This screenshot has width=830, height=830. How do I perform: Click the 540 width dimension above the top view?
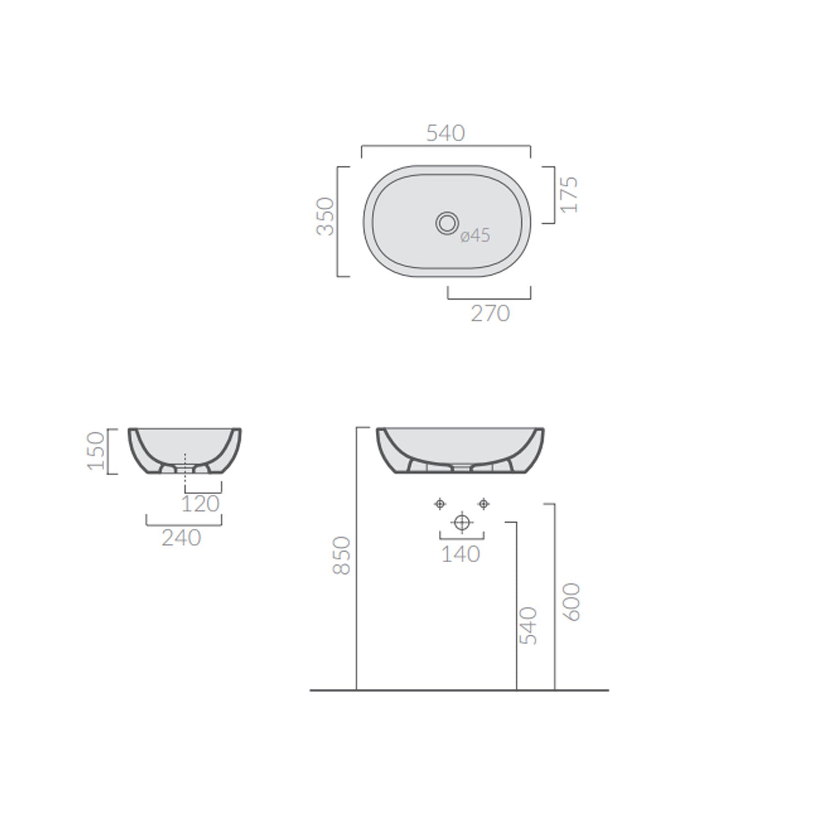point(445,133)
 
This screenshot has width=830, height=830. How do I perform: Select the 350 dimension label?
point(326,216)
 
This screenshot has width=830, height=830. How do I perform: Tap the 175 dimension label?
point(569,195)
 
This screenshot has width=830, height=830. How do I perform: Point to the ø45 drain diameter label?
point(475,235)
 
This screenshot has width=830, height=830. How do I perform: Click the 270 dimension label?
point(490,314)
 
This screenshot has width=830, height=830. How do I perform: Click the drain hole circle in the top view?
point(447,223)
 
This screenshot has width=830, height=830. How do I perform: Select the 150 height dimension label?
point(96,451)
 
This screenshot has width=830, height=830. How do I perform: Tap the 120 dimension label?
point(200,504)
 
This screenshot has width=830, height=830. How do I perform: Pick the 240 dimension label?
point(181,538)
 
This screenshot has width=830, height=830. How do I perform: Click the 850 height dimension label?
point(342,556)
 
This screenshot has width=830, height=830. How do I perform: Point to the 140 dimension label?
point(460,554)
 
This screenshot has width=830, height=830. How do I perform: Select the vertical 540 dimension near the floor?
point(528,626)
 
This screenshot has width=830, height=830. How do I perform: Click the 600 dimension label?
point(573,602)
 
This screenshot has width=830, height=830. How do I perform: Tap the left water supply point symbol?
point(440,504)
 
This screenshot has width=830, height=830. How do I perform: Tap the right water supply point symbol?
point(484,504)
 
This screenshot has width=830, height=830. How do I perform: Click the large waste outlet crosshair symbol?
point(461,522)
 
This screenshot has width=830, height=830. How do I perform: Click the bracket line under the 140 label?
point(461,538)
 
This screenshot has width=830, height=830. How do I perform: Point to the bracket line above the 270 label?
point(489,298)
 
